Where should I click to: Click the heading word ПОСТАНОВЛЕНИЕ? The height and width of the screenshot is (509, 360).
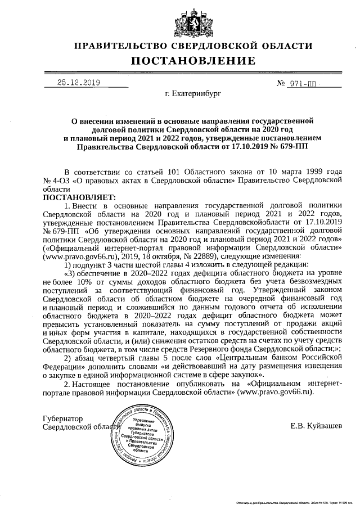193,61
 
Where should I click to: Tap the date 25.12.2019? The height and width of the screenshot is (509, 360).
79,83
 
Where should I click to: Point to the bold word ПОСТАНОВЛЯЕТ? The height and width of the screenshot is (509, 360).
79,197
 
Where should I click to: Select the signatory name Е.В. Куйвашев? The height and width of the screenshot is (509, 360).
316,426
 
